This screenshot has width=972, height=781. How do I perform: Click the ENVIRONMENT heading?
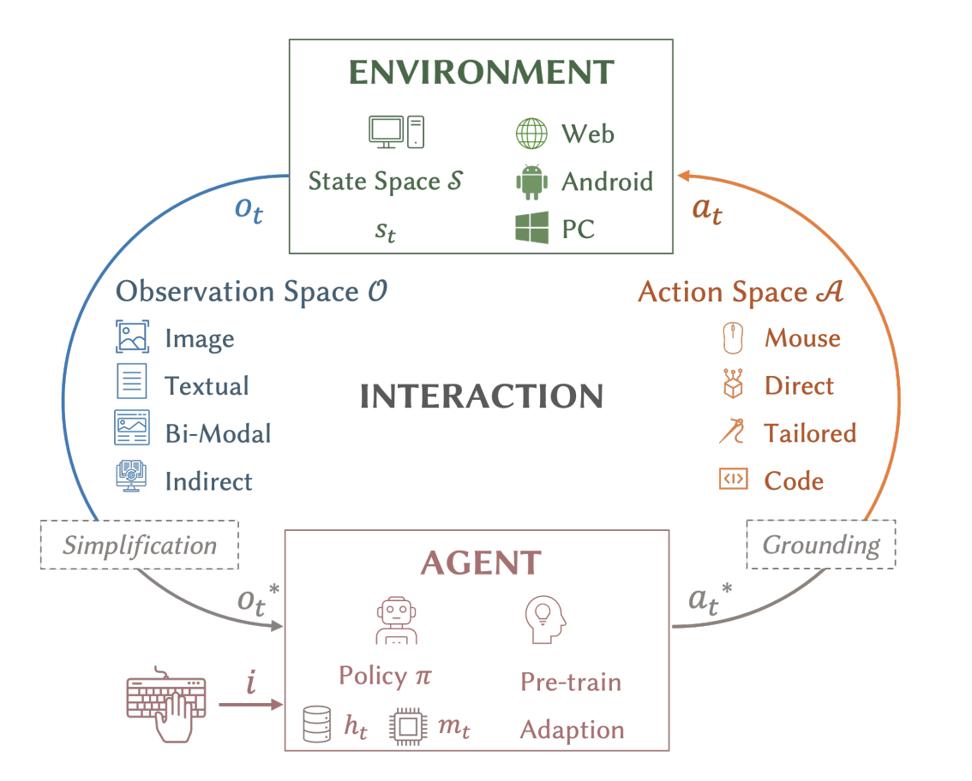tap(483, 71)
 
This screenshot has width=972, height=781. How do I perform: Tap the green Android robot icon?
tap(531, 182)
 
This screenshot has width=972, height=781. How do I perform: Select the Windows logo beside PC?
tap(531, 229)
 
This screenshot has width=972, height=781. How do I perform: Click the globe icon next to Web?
tap(531, 134)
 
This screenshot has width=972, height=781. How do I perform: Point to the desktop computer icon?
tap(396, 131)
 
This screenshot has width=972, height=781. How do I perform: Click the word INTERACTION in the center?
tap(482, 396)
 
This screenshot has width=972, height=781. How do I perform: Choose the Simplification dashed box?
tap(140, 545)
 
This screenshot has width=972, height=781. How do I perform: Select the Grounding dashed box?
tap(821, 544)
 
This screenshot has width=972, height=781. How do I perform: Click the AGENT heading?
tap(480, 563)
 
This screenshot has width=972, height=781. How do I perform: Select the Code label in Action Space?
tap(794, 480)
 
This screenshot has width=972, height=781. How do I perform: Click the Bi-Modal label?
tap(218, 433)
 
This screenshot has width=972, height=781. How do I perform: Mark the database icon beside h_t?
tap(316, 726)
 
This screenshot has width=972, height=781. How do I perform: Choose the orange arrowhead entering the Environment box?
tap(684, 177)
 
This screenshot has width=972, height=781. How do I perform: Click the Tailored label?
tap(810, 433)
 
